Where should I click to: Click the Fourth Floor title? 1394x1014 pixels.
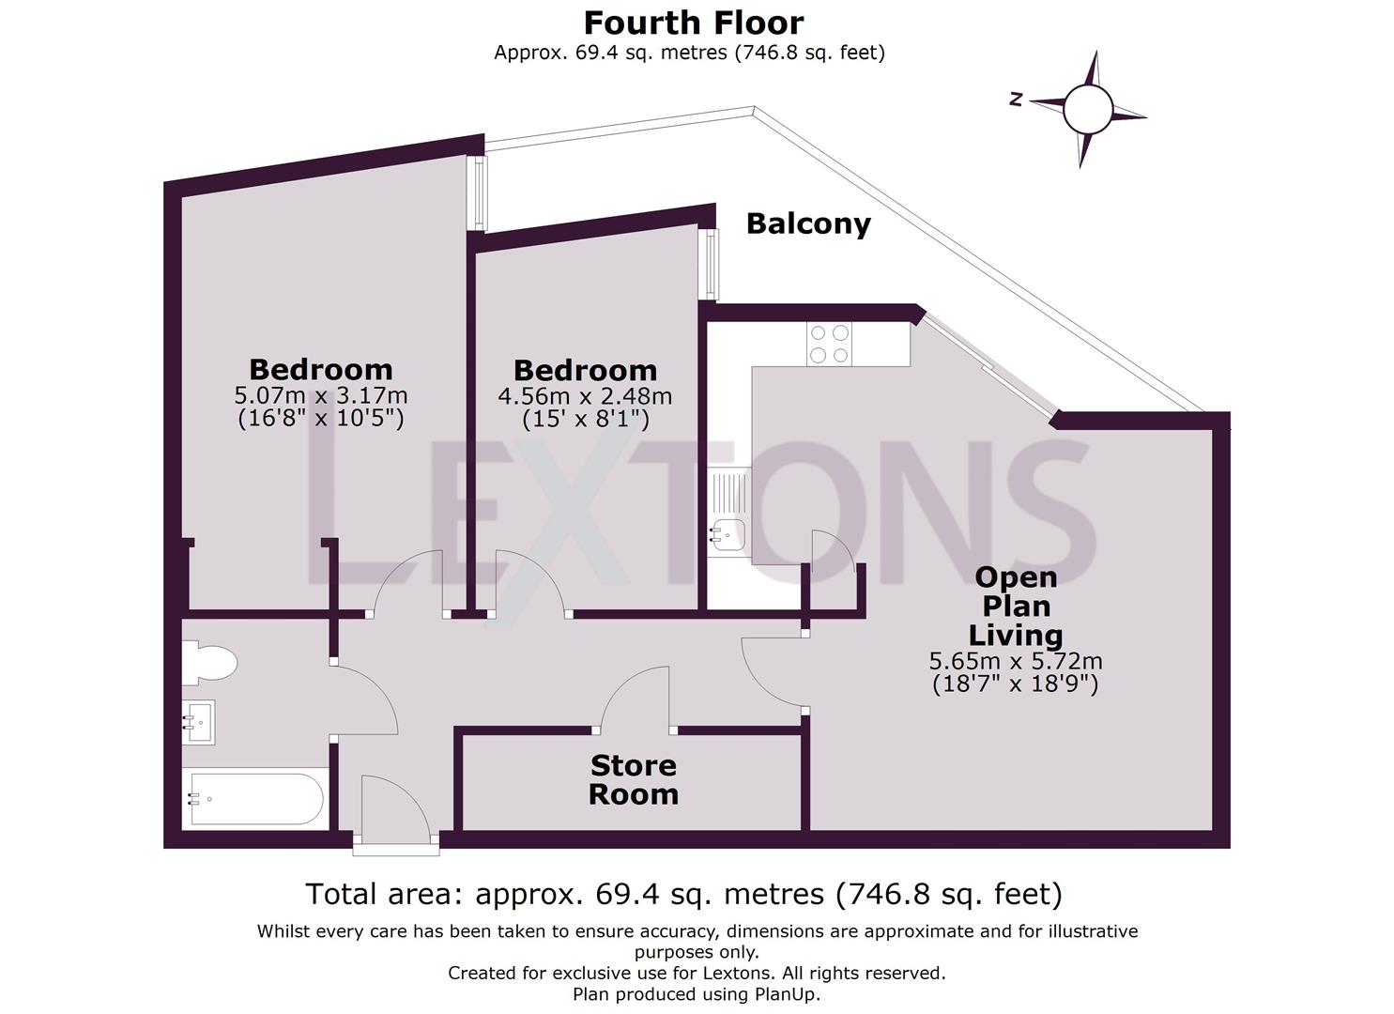[x=694, y=22]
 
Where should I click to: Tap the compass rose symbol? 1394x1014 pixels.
[x=1087, y=110]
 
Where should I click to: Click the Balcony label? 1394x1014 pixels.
[x=807, y=223]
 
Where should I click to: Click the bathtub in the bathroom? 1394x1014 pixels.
[x=255, y=799]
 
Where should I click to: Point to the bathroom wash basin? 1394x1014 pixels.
[x=199, y=722]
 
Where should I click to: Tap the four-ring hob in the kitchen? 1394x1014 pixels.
[x=829, y=344]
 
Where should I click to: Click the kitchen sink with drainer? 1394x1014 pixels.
[x=728, y=515]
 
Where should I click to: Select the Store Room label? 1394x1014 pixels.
[x=634, y=780]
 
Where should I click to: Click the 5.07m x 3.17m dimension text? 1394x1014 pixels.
[x=320, y=395]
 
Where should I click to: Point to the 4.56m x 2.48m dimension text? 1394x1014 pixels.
[x=585, y=396]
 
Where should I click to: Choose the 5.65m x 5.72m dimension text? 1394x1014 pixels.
[x=1015, y=661]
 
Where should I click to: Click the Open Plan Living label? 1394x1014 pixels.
[x=1015, y=606]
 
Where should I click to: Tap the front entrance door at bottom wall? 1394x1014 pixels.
[x=394, y=812]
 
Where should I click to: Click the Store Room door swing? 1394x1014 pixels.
[x=635, y=699]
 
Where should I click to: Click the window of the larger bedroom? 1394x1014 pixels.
[x=480, y=192]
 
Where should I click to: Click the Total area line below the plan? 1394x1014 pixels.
[x=683, y=894]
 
